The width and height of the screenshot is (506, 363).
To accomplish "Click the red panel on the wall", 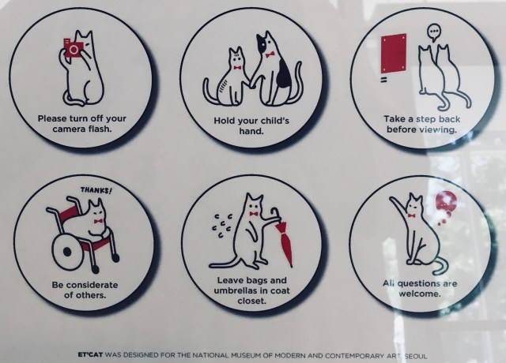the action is click(394, 53).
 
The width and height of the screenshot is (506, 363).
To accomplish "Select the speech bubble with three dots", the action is click(434, 33).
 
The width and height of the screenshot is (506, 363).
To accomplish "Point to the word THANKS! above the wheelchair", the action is click(96, 190).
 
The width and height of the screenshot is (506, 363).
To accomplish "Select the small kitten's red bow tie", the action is click(238, 68).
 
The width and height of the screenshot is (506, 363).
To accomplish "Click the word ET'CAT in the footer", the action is click(90, 355).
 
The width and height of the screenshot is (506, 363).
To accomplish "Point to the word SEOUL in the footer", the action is click(416, 356).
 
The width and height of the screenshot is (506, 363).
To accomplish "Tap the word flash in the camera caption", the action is click(100, 129).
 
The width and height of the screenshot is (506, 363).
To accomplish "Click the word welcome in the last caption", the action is click(420, 294).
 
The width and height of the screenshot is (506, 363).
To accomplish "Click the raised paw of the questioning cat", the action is click(393, 200).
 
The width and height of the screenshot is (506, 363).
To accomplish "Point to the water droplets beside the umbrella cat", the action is click(222, 225).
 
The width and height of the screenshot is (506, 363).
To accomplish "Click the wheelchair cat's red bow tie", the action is click(98, 221).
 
